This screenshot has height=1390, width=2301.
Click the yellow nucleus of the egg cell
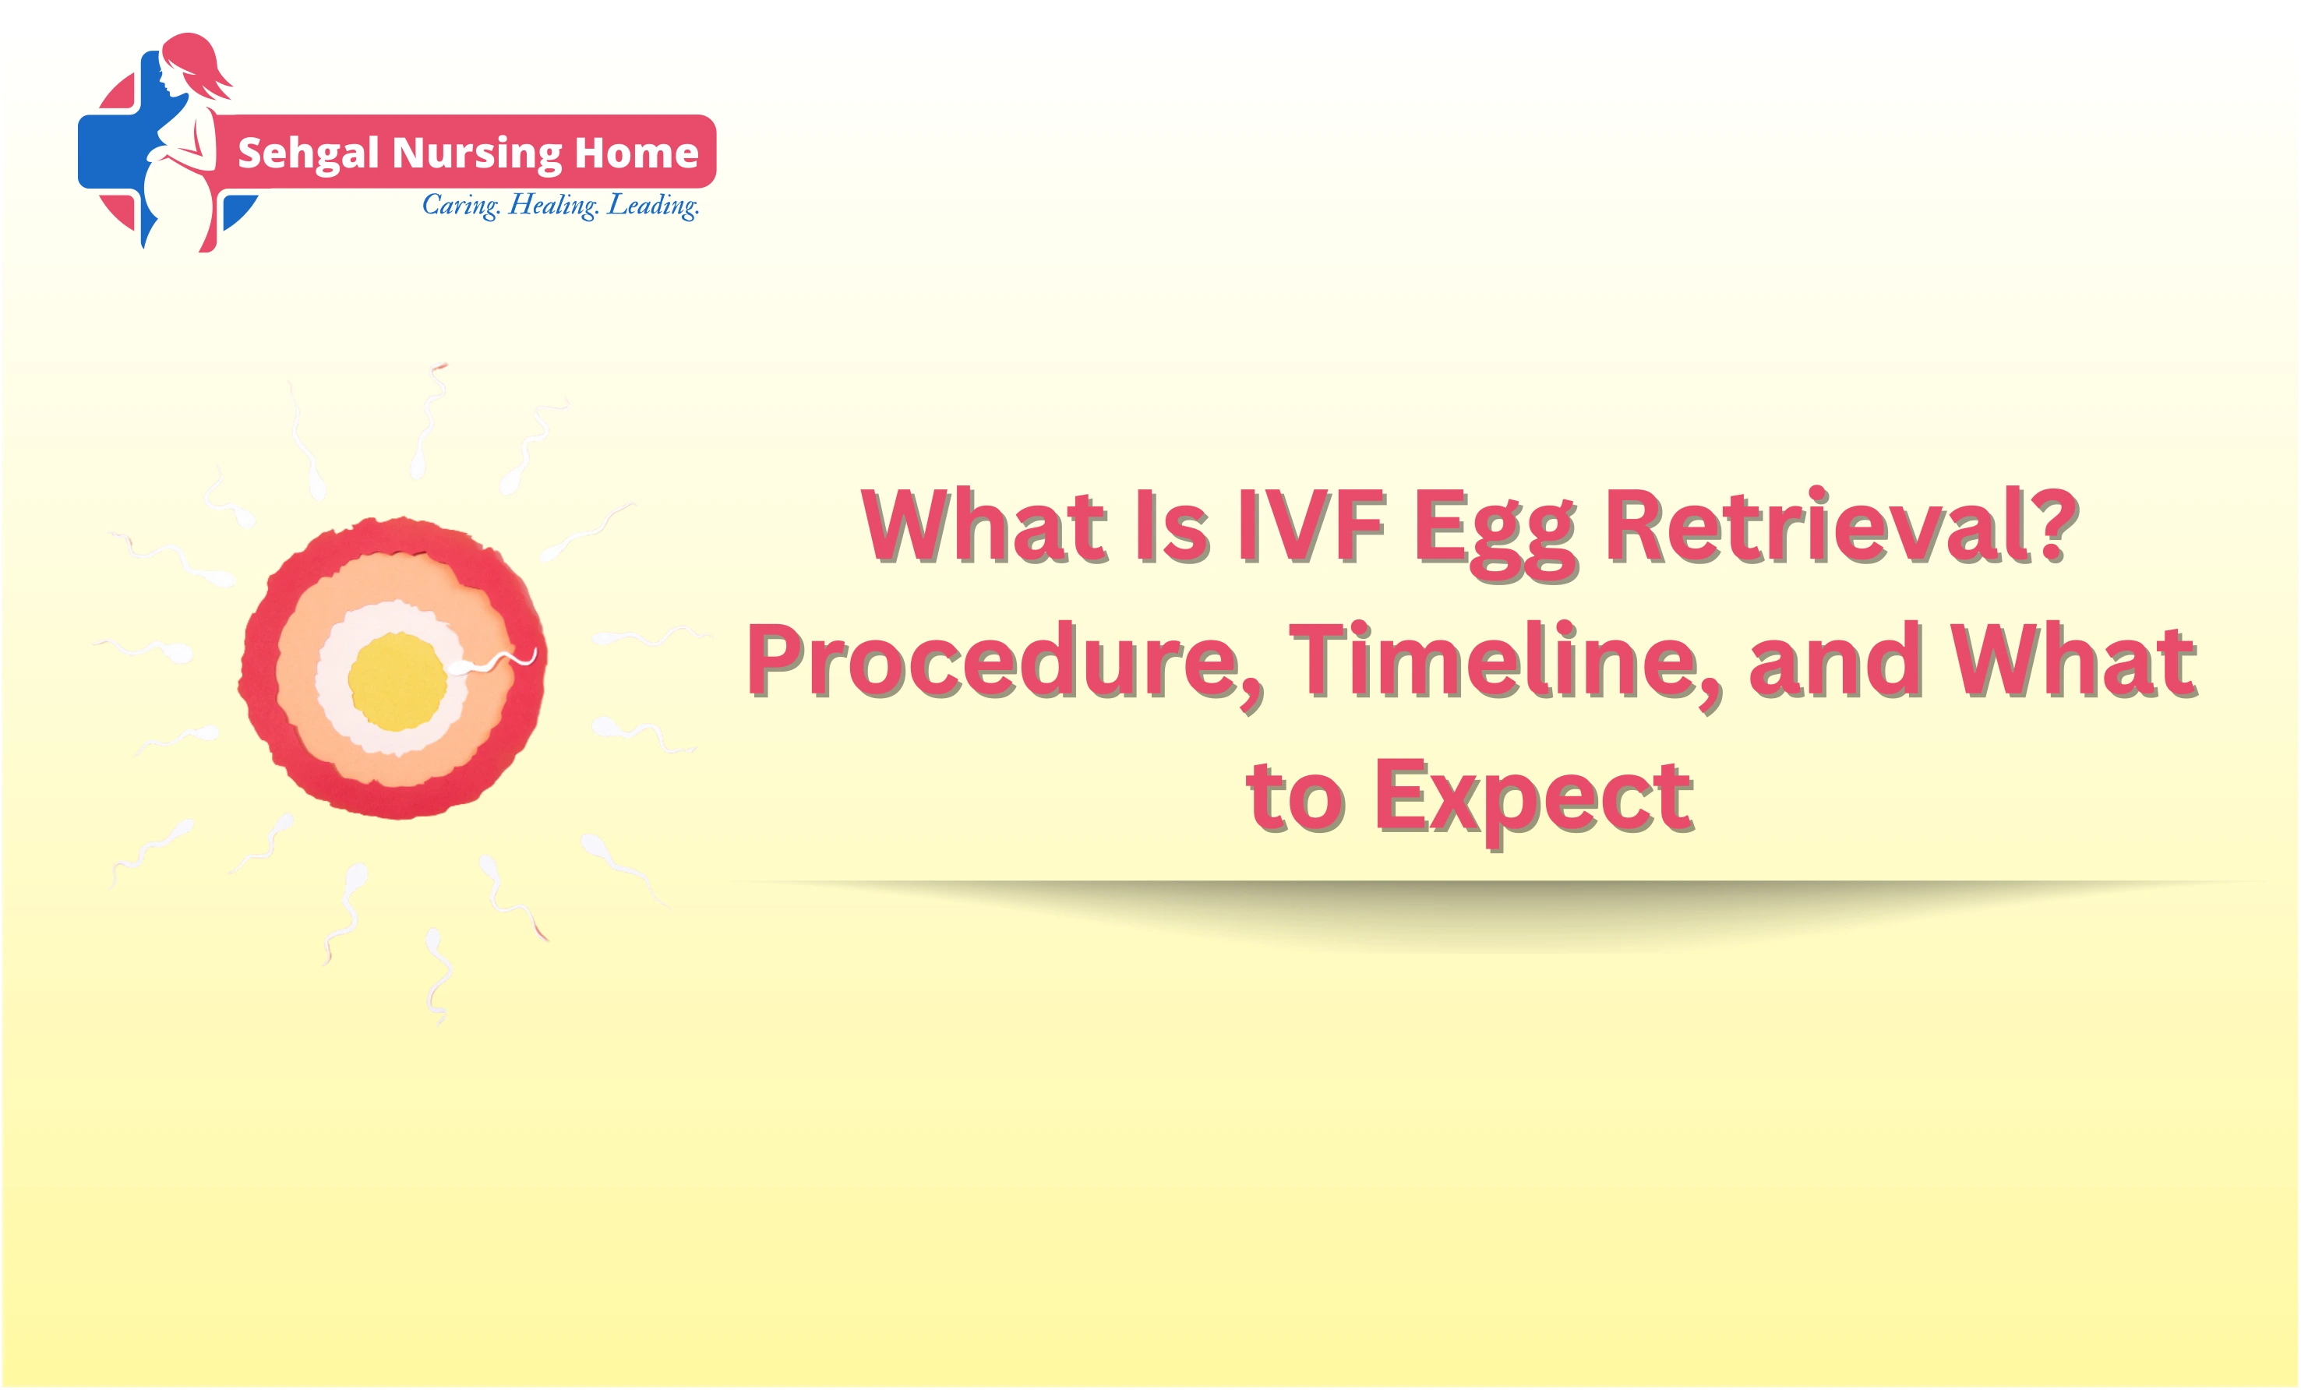(397, 682)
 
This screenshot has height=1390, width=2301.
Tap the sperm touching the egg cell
(485, 664)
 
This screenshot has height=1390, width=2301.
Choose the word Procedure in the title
(1004, 663)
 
